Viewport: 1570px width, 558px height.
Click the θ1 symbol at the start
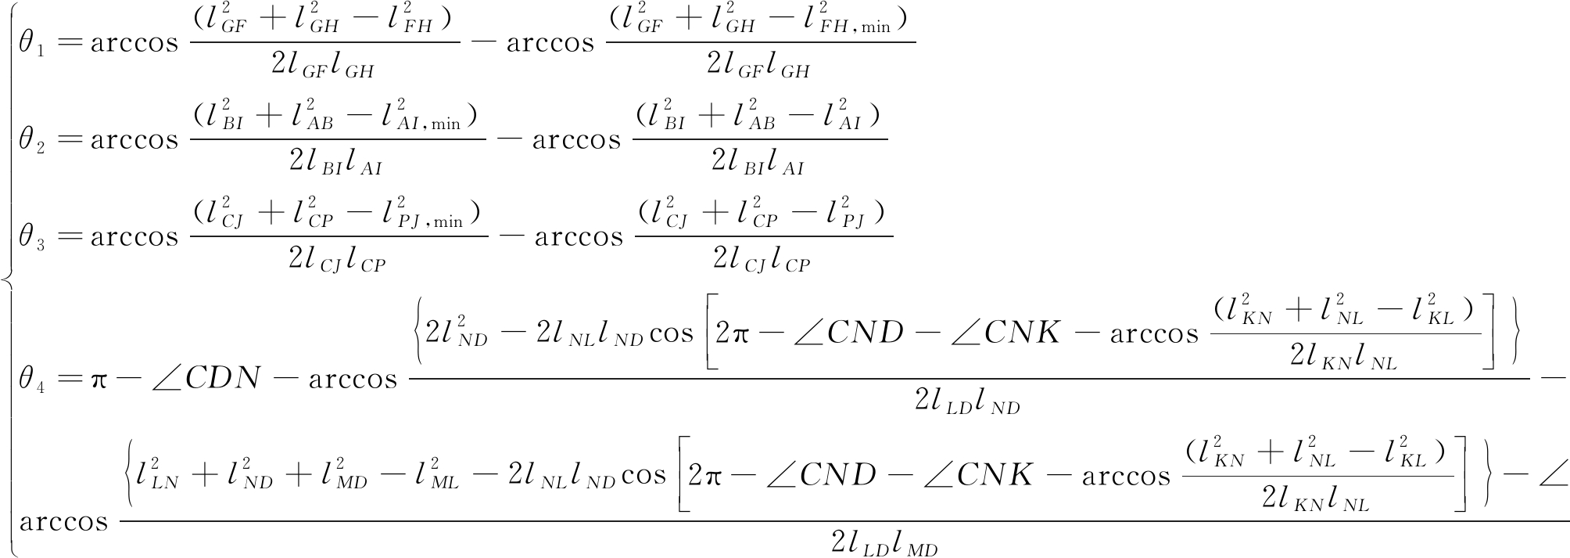click(x=32, y=44)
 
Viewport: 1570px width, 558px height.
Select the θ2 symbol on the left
click(x=32, y=141)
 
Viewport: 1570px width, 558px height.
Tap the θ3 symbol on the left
click(x=32, y=238)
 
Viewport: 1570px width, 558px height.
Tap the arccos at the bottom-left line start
click(x=63, y=520)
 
